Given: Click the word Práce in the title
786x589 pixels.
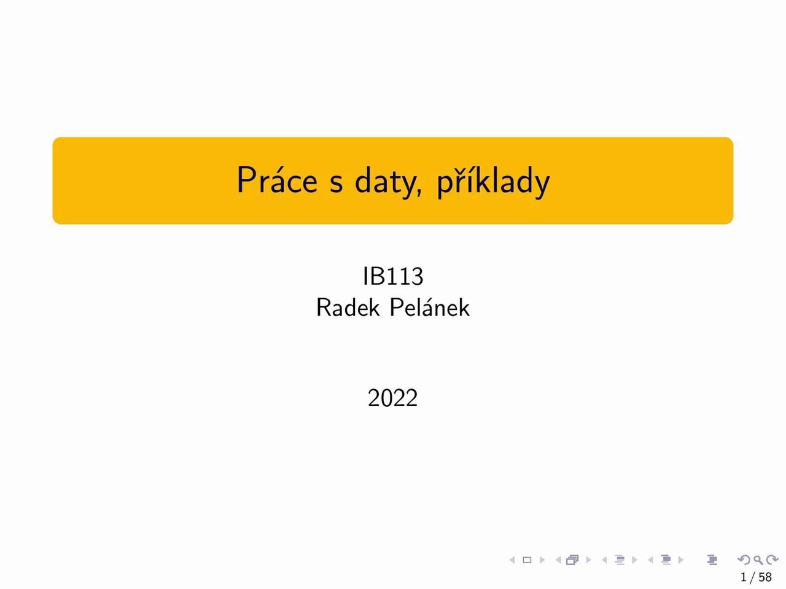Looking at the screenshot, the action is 277,180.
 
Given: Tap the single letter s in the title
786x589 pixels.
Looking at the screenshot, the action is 337,183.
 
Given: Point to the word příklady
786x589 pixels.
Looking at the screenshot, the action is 493,181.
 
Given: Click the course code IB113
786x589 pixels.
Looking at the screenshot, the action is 393,276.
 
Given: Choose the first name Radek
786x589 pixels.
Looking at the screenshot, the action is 348,307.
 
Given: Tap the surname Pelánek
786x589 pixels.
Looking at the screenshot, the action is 430,307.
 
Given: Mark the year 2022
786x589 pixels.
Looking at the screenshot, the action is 392,398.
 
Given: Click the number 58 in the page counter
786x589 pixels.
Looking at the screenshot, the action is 765,577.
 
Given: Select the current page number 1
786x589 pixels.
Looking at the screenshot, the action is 744,577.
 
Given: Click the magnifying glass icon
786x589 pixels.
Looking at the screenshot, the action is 758,560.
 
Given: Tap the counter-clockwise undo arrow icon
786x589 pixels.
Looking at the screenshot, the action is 744,560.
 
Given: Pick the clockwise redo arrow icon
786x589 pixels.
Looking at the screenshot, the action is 772,560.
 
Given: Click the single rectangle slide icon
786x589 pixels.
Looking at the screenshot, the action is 527,560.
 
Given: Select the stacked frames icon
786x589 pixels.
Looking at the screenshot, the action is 572,560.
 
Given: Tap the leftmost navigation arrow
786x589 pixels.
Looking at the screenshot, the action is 512,560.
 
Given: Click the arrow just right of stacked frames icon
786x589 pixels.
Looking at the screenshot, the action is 588,560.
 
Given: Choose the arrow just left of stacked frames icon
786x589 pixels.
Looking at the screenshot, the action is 558,560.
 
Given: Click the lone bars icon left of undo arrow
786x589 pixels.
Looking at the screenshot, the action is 712,560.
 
